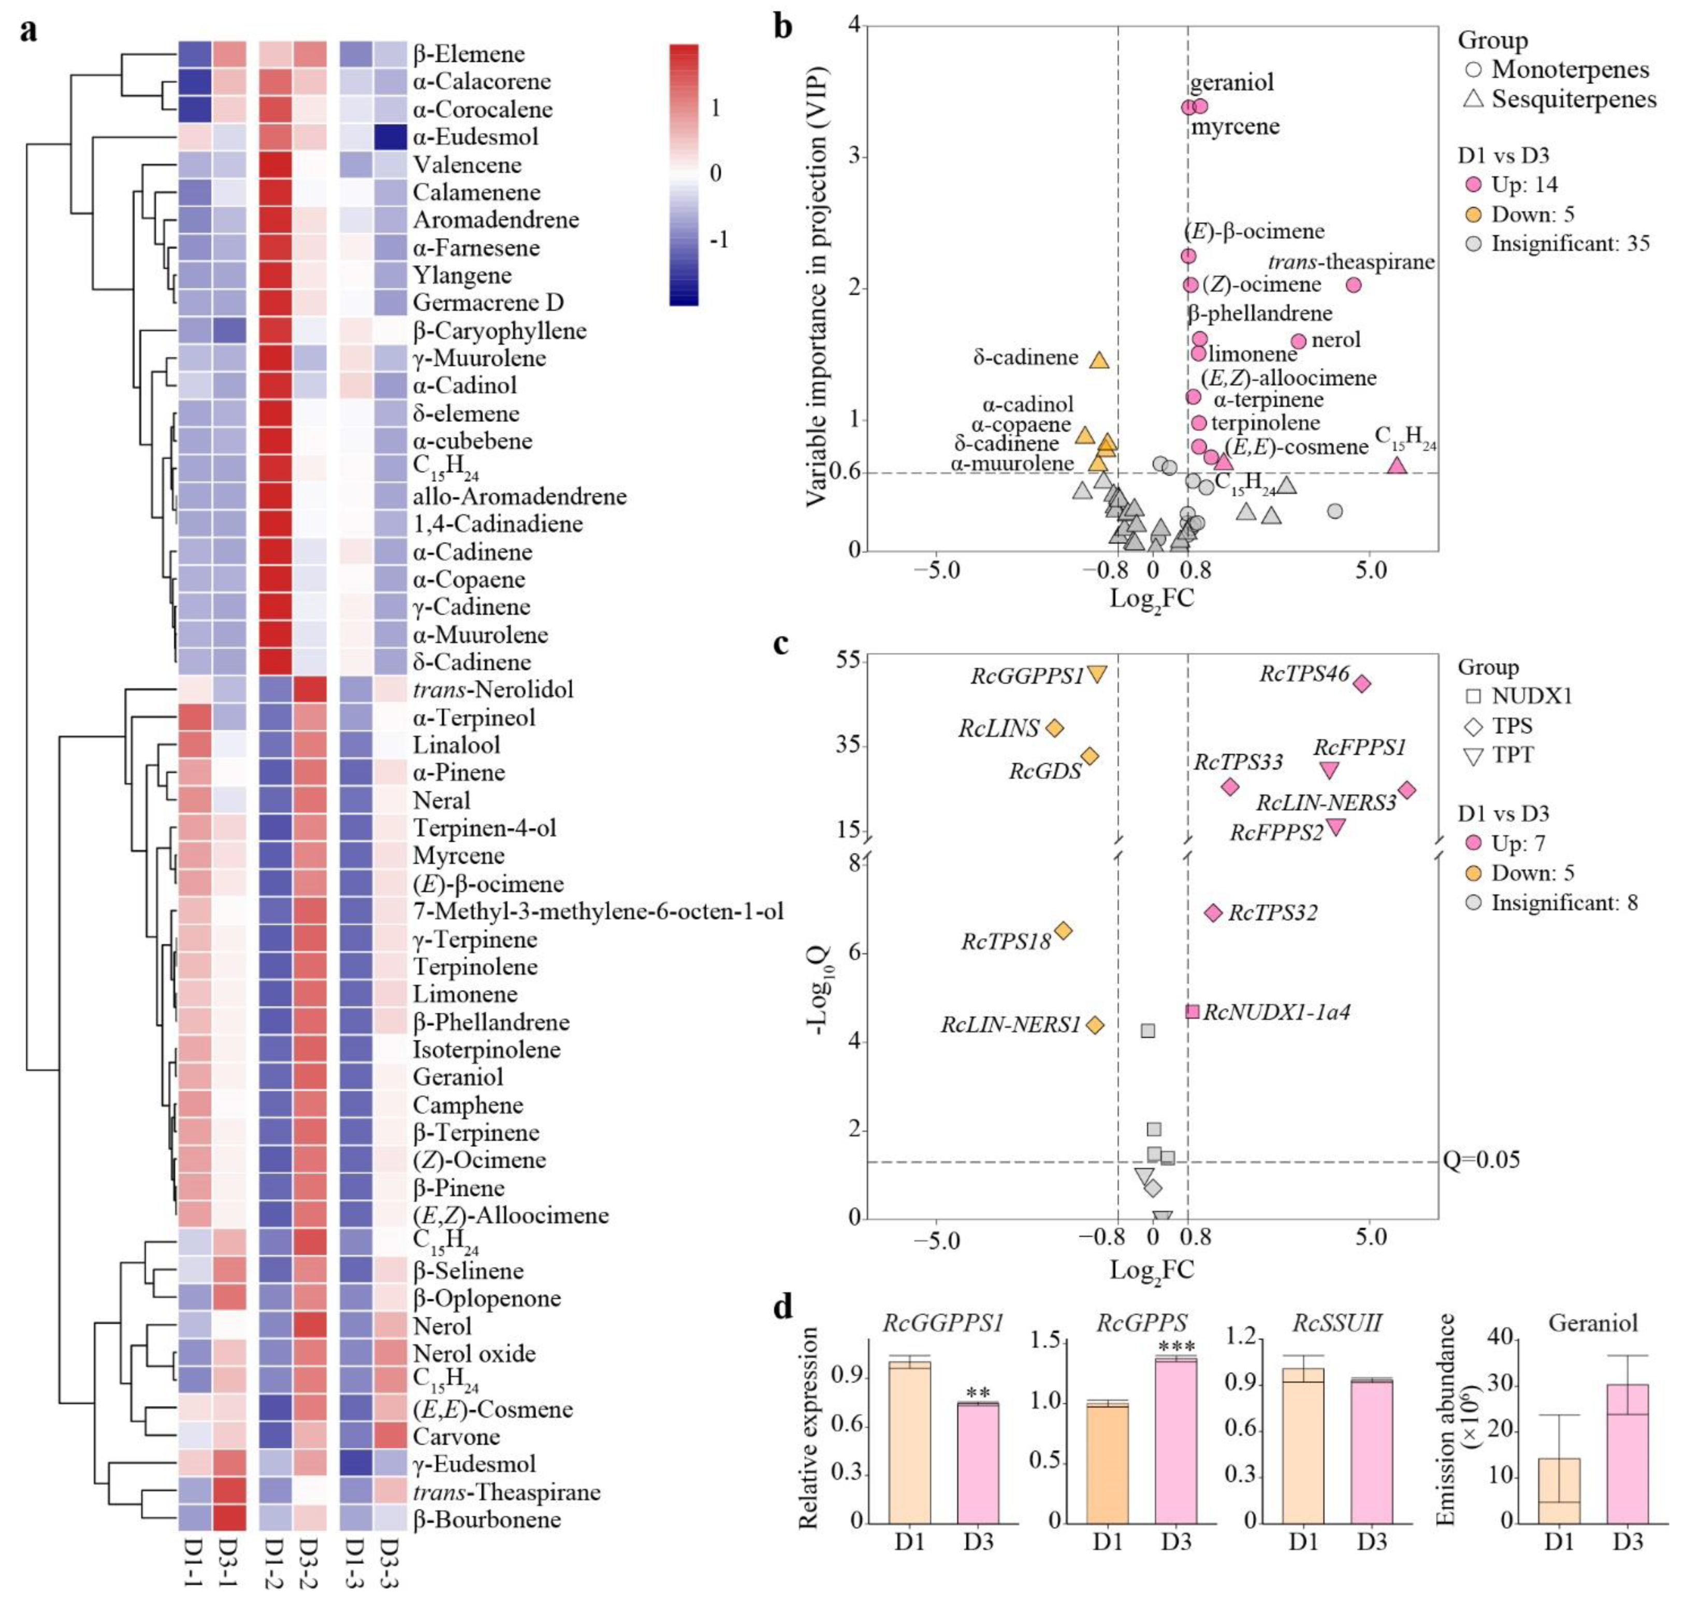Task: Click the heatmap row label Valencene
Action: coord(467,165)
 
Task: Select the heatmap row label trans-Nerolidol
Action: coord(492,689)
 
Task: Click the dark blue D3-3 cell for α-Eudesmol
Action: coord(389,136)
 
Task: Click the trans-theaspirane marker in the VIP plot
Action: coord(1353,285)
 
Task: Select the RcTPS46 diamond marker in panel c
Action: coord(1362,684)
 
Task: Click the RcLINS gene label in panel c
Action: coord(999,729)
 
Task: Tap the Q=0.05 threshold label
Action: coord(1481,1160)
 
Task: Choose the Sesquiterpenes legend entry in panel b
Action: coord(1573,99)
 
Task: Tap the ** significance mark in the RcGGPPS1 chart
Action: coord(978,1393)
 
